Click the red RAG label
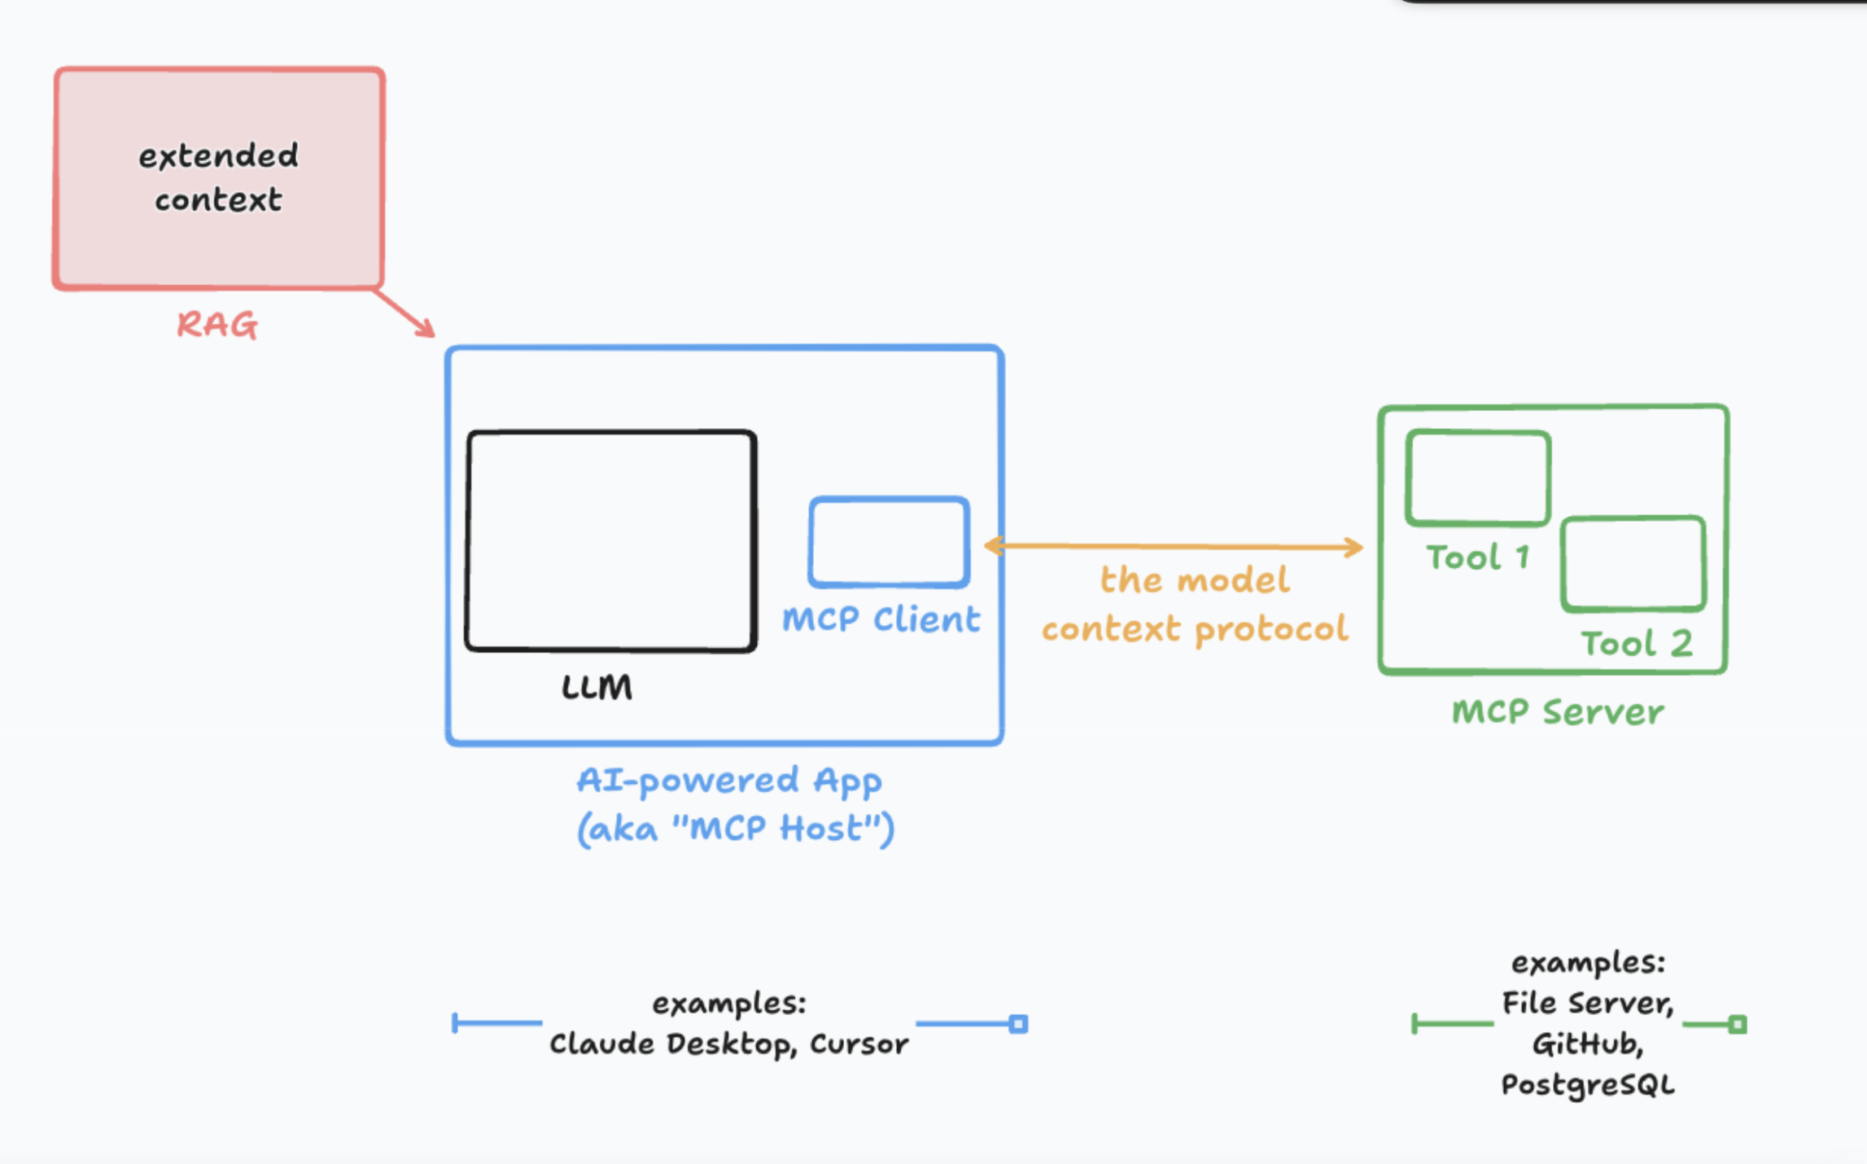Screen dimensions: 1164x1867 [217, 325]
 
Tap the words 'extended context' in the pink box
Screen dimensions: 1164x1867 [218, 177]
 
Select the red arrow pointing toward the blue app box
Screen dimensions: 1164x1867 [404, 313]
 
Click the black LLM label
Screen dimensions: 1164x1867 [597, 688]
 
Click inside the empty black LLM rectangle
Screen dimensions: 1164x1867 [610, 541]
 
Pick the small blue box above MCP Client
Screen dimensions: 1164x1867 [889, 542]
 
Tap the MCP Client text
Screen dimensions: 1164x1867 [881, 620]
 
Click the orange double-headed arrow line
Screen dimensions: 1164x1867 [1172, 546]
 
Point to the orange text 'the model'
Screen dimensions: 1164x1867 [1195, 580]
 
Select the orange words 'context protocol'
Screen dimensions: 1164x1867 [1195, 629]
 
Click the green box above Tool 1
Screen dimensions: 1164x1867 [1477, 478]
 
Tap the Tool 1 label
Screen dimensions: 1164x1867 [1477, 558]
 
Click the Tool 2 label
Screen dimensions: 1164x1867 [1636, 644]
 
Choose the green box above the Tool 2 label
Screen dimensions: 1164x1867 [1633, 563]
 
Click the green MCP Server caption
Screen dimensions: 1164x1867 [1557, 712]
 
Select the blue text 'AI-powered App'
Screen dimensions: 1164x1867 [729, 781]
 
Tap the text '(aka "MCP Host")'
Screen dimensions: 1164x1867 [735, 829]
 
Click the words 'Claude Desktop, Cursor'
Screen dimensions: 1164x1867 [728, 1044]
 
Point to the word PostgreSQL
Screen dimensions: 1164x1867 [1587, 1085]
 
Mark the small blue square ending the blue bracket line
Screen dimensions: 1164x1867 [1018, 1024]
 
